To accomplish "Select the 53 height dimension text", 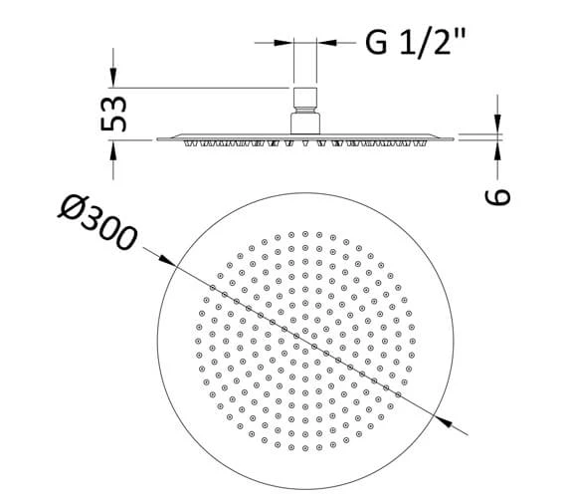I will (x=115, y=115).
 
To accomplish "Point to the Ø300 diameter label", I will (x=97, y=224).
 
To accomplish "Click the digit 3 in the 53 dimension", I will (x=115, y=104).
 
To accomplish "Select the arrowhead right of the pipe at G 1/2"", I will (x=327, y=43).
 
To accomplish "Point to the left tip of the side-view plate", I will (x=158, y=137).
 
